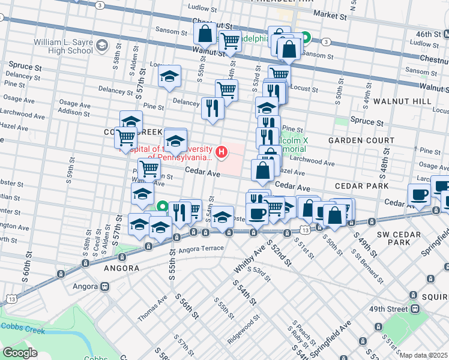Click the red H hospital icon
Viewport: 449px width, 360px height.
coord(222,152)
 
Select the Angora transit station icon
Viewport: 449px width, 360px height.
coord(104,287)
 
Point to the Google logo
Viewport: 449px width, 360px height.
coord(20,352)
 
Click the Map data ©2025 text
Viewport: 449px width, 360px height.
coord(423,355)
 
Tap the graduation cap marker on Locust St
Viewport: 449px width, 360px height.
coord(170,77)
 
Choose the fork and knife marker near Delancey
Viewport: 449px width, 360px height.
coord(212,108)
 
